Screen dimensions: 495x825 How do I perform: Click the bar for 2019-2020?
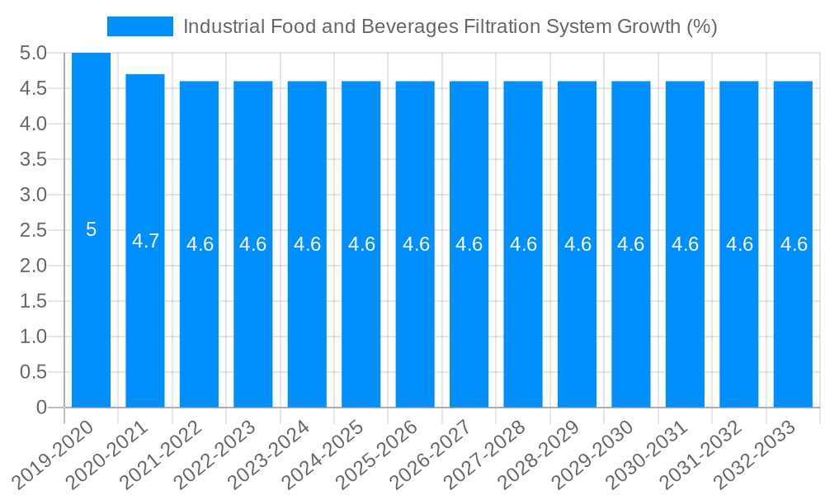click(x=91, y=313)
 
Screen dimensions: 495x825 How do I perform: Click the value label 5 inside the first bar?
click(x=91, y=230)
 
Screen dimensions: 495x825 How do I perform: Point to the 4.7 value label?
click(x=145, y=241)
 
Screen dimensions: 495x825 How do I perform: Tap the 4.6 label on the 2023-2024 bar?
click(x=307, y=244)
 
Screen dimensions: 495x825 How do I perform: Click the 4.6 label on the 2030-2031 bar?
click(x=685, y=244)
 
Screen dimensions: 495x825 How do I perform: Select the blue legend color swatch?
click(x=139, y=26)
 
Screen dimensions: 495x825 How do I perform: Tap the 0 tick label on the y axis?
click(x=42, y=408)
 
